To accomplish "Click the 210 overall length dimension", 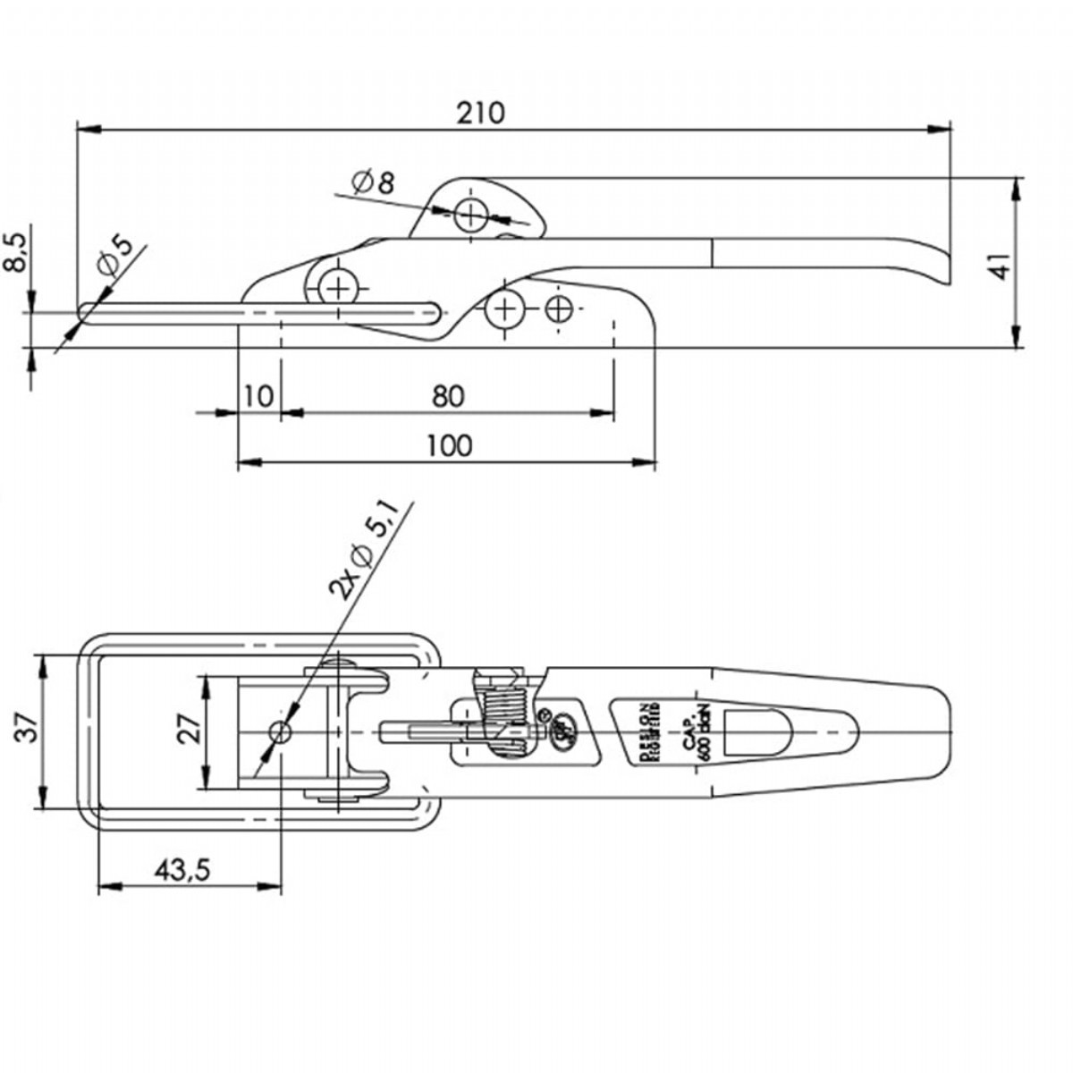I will point(481,114).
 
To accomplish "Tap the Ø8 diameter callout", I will point(373,183).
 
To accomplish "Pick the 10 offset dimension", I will point(258,395).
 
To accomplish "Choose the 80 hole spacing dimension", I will point(448,395).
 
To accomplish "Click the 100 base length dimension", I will point(449,445).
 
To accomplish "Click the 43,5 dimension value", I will point(182,870).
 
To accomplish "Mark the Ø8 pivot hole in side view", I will point(470,214).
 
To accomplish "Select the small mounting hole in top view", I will point(280,732).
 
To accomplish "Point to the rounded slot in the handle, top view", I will point(757,731).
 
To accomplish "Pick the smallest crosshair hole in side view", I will point(559,309).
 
